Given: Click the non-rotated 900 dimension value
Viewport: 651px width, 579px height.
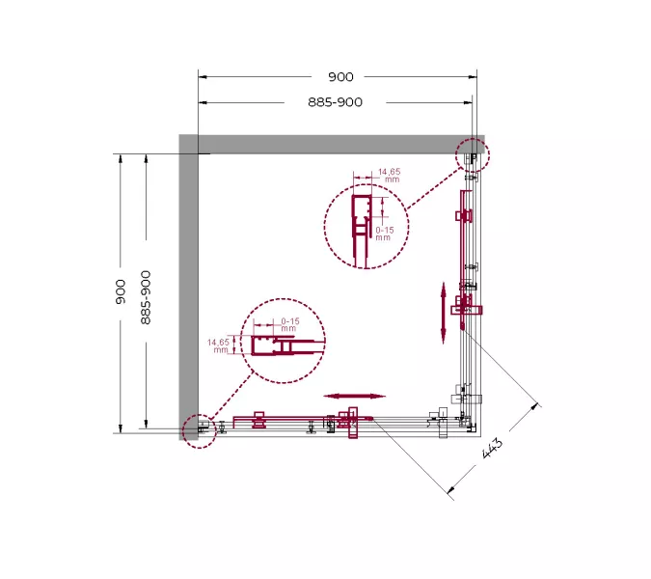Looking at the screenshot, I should tap(340, 77).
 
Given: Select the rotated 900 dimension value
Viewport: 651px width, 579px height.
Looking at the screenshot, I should tap(121, 291).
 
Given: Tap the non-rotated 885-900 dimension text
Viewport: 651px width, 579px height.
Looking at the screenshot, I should tap(336, 102).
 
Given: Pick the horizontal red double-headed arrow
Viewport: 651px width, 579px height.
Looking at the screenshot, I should tap(354, 396).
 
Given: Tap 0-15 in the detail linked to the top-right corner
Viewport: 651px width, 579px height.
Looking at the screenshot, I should tap(385, 231).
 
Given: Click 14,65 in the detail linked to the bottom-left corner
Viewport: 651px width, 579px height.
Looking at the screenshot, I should tap(218, 342).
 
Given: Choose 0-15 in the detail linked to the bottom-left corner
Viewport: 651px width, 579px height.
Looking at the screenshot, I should tap(289, 320).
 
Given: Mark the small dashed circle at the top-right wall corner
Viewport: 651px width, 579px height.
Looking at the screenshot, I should tap(474, 154).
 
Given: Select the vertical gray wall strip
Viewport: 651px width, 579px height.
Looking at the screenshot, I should tap(188, 289).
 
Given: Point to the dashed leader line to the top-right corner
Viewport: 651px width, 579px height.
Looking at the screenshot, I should tap(433, 187).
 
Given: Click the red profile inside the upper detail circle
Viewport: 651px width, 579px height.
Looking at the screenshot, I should tap(361, 232).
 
